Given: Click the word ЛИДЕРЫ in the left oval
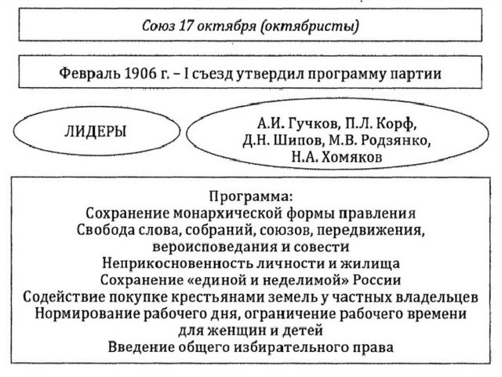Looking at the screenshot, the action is pyautogui.click(x=96, y=132).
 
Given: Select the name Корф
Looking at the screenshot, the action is pyautogui.click(x=397, y=123).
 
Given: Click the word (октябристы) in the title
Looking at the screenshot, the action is pyautogui.click(x=310, y=26).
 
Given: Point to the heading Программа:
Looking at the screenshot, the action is pyautogui.click(x=251, y=196).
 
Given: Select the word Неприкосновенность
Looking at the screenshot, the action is pyautogui.click(x=177, y=263).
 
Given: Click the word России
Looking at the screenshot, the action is pyautogui.click(x=376, y=280).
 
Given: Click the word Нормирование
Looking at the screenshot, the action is pyautogui.click(x=86, y=313).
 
